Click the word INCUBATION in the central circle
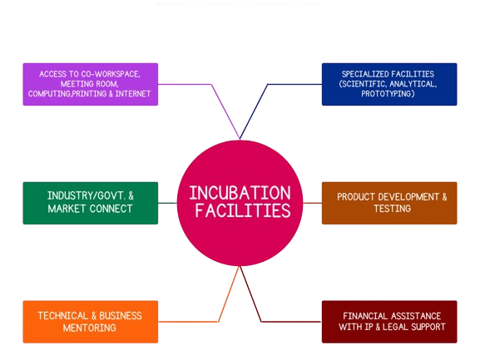click(240, 193)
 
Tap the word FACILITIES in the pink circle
click(243, 210)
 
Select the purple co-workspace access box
click(91, 85)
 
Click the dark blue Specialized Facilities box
click(389, 85)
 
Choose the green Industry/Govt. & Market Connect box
click(91, 203)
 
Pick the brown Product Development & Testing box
click(389, 203)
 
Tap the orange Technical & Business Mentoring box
click(91, 322)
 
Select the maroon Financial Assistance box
click(389, 322)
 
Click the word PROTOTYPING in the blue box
click(388, 94)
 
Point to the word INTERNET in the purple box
click(133, 94)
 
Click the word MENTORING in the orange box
click(90, 328)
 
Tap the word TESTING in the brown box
click(393, 209)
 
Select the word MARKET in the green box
click(67, 209)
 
